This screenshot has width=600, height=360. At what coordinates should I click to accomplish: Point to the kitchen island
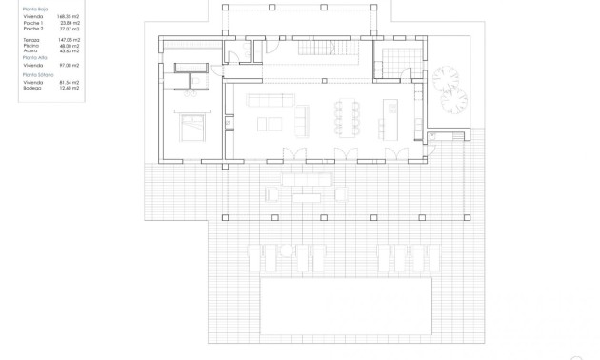(x=390, y=116)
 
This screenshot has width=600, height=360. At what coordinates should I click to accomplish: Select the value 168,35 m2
(x=67, y=17)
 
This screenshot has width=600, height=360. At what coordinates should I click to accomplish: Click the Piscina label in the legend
(x=31, y=47)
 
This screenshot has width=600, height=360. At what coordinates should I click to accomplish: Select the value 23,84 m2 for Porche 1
(x=68, y=22)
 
